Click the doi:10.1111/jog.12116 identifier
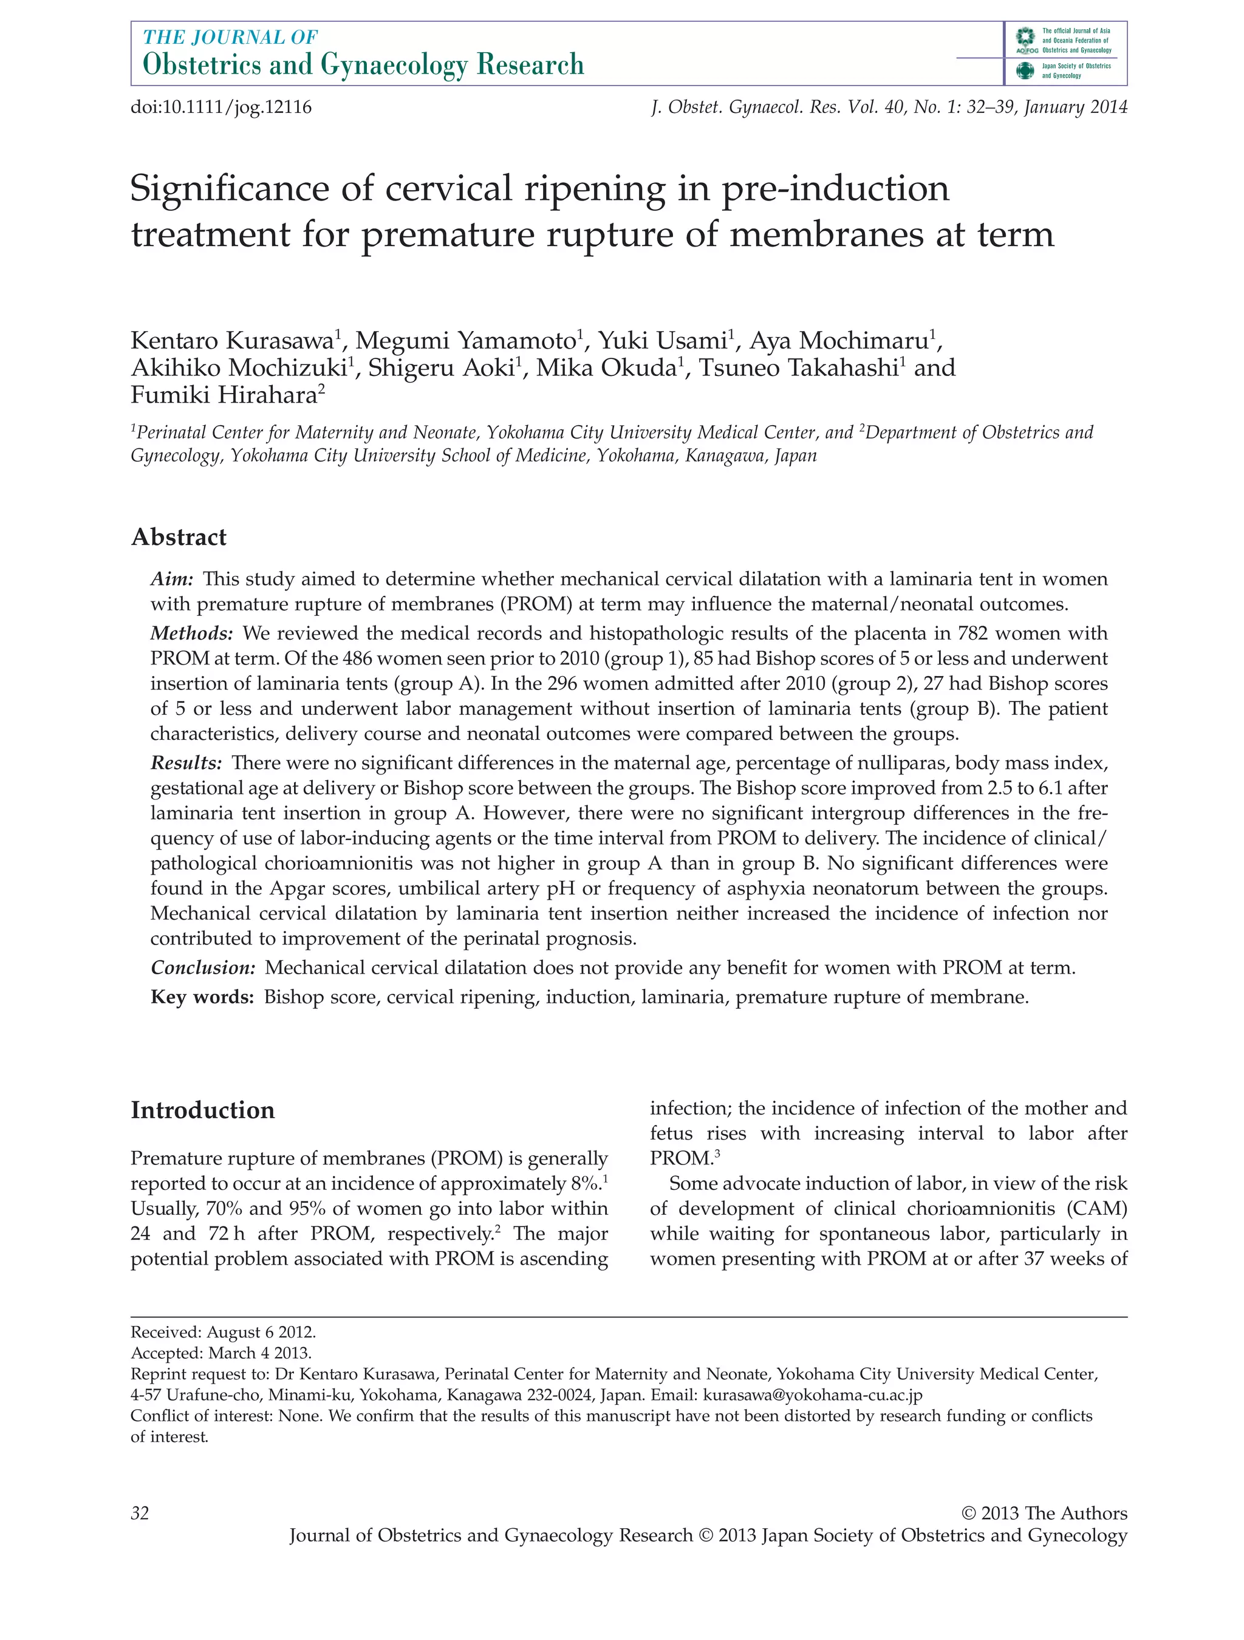click(221, 108)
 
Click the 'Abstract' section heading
click(179, 537)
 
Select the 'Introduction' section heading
click(202, 1110)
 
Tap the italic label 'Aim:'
click(172, 579)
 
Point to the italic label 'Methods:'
click(192, 633)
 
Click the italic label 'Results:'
click(186, 763)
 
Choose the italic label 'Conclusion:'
click(203, 968)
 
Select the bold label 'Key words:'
click(202, 997)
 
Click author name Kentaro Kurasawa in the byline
click(232, 340)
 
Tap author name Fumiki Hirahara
click(224, 395)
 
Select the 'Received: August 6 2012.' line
click(223, 1332)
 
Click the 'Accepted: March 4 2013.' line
click(221, 1353)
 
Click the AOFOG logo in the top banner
click(1025, 41)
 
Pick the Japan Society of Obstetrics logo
click(1025, 71)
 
